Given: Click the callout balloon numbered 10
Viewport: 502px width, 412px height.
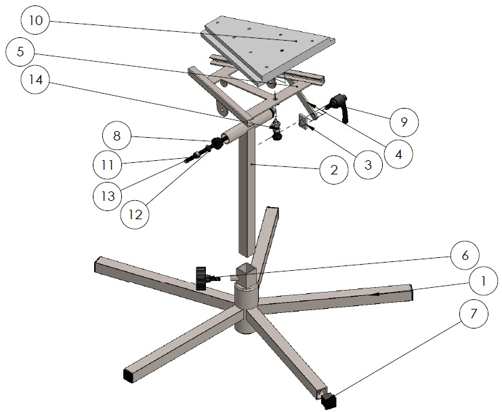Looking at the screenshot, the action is tap(35, 20).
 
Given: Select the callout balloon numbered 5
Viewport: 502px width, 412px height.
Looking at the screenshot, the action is tap(20, 52).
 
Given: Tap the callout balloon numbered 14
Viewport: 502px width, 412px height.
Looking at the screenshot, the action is tap(35, 79).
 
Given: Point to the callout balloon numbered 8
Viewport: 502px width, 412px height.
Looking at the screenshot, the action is tap(117, 136).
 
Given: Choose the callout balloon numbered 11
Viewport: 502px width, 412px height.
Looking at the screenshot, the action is tap(108, 165).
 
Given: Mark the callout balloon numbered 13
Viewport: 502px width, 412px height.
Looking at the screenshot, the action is tap(108, 195).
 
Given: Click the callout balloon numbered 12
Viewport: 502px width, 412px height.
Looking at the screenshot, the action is tap(135, 214).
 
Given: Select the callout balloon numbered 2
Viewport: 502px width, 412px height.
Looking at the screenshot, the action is tap(334, 170).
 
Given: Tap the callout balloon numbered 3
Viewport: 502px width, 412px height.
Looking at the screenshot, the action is tap(368, 165).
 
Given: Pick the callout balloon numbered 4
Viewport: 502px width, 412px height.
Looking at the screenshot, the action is tap(398, 154).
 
